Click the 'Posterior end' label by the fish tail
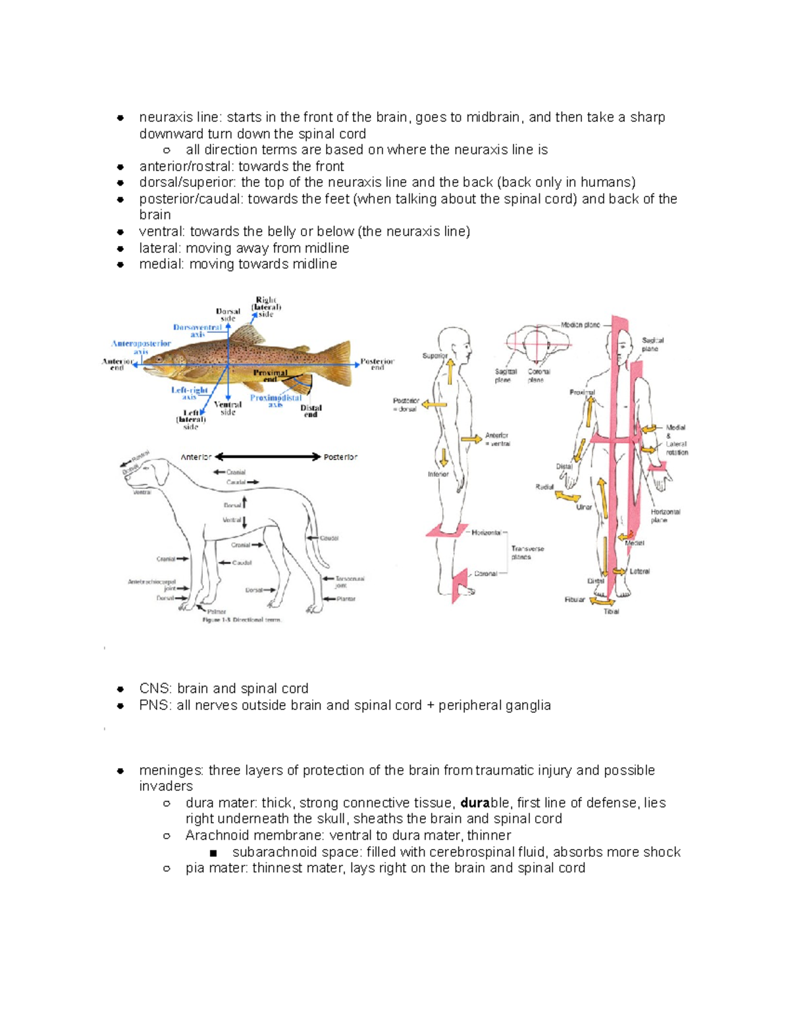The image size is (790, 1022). click(377, 364)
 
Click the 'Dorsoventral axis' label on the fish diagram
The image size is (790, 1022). click(197, 330)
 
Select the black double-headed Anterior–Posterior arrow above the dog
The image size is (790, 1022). click(268, 457)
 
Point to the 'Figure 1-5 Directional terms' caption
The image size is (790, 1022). click(242, 620)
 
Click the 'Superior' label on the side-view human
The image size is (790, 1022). click(434, 356)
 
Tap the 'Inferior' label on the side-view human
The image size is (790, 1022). click(438, 474)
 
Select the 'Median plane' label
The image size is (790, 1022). click(580, 324)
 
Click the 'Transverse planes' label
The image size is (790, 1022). click(527, 553)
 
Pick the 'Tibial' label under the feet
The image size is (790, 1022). click(611, 611)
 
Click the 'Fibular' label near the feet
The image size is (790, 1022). click(574, 600)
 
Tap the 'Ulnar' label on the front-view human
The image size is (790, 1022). click(584, 507)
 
